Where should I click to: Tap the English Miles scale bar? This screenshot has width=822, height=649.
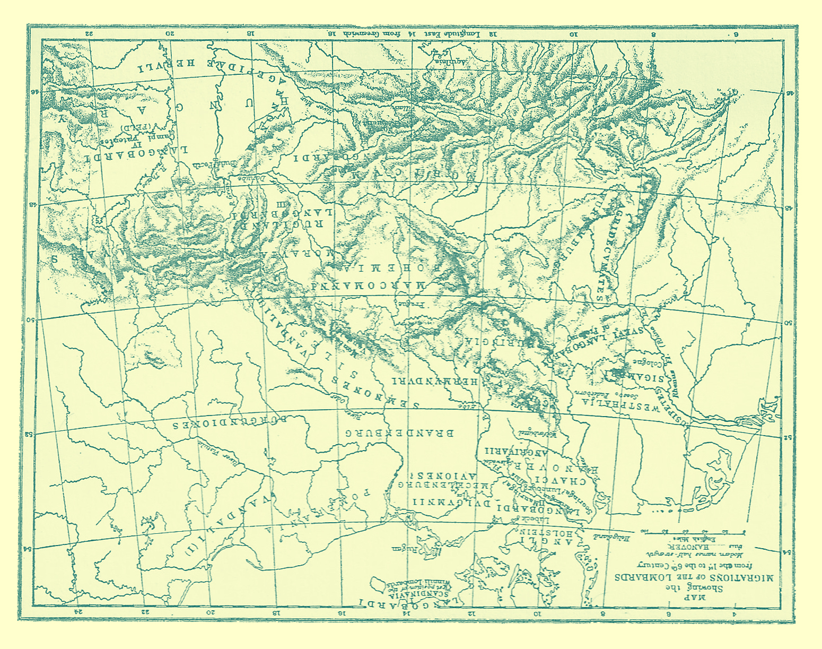(x=692, y=531)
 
